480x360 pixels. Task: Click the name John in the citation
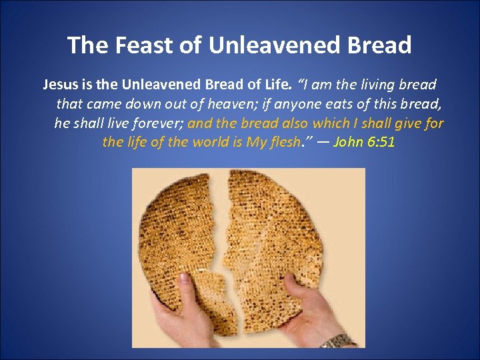pos(349,143)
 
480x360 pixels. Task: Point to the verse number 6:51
pos(381,143)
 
